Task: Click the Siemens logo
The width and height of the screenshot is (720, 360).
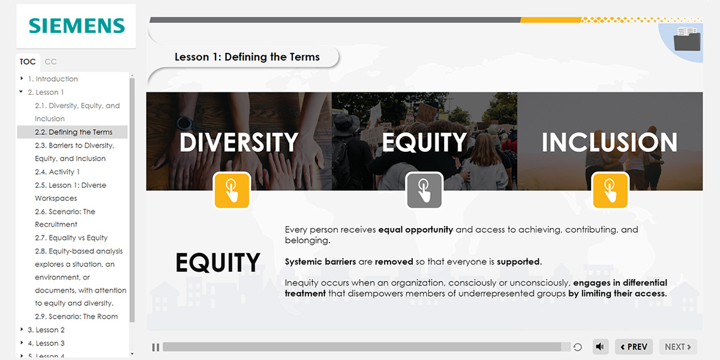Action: (77, 26)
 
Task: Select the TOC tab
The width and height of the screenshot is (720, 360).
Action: (28, 62)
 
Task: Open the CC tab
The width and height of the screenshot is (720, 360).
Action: (50, 62)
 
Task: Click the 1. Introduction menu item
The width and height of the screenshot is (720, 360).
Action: (53, 79)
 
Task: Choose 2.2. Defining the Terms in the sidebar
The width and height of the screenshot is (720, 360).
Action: (74, 132)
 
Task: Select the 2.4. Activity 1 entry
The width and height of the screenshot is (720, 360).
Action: (57, 172)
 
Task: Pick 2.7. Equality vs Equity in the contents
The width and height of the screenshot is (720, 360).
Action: (71, 238)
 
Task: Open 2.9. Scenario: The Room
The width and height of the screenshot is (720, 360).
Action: (76, 317)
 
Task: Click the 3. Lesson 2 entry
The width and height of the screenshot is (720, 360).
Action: (46, 330)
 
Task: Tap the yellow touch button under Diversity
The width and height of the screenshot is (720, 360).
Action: (232, 190)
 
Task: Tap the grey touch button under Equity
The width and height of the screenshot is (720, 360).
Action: (424, 190)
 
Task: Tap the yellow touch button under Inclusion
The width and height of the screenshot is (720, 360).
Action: (610, 190)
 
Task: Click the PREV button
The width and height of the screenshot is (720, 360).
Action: (634, 347)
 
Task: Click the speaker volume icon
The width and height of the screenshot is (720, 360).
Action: (600, 347)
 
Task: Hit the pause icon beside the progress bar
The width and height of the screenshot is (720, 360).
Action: (155, 347)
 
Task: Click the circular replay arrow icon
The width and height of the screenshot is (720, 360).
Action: (578, 347)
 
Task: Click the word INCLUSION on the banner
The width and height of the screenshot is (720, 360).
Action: (610, 142)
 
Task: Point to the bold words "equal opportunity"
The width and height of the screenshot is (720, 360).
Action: (416, 230)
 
